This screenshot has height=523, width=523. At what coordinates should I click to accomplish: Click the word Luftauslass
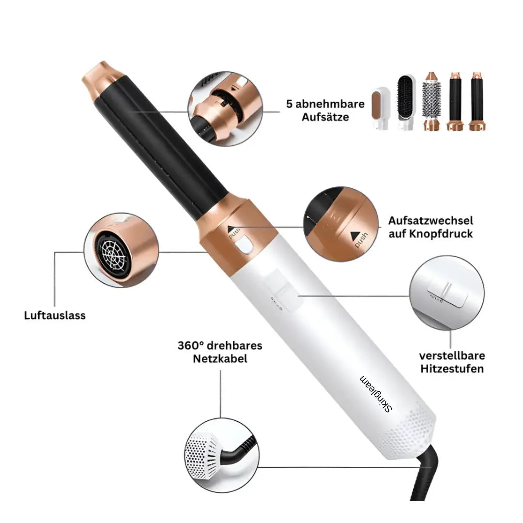[x=55, y=315]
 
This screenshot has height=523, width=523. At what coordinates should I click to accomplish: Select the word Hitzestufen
[x=451, y=369]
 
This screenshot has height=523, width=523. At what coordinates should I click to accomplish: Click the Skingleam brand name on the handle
[x=376, y=394]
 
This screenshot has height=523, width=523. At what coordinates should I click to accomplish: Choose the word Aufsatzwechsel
[x=431, y=221]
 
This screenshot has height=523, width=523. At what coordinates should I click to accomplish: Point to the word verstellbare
[x=451, y=356]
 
